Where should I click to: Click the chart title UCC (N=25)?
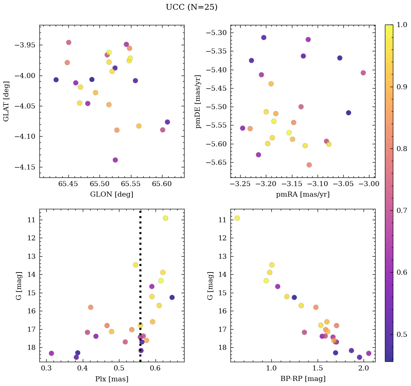[x=191, y=7]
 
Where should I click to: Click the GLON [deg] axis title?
[x=111, y=194]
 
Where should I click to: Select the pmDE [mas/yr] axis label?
[x=198, y=102]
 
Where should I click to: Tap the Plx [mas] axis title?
[x=111, y=379]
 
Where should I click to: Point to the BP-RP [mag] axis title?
[x=302, y=379]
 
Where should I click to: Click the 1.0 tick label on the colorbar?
[x=402, y=25]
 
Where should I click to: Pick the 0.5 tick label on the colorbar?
[x=402, y=334]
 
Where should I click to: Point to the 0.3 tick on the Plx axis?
[x=46, y=369]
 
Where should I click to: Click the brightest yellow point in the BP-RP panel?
[x=237, y=218]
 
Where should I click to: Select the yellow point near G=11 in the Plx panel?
[x=165, y=218]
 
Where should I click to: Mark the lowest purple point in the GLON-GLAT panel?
[x=115, y=160]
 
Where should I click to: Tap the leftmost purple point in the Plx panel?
[x=51, y=353]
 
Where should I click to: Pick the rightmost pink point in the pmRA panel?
[x=363, y=73]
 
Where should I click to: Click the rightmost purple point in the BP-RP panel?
[x=369, y=353]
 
